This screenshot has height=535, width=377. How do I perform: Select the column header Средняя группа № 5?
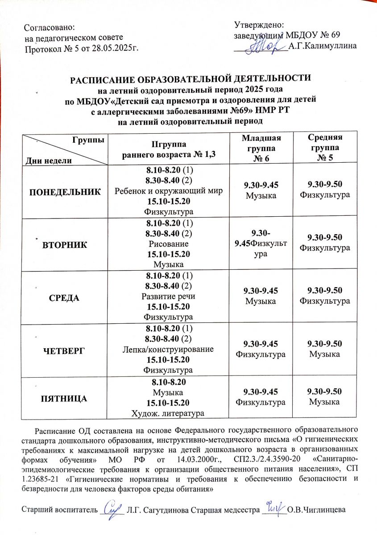(324, 148)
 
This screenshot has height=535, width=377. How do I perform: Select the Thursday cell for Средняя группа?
(324, 349)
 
